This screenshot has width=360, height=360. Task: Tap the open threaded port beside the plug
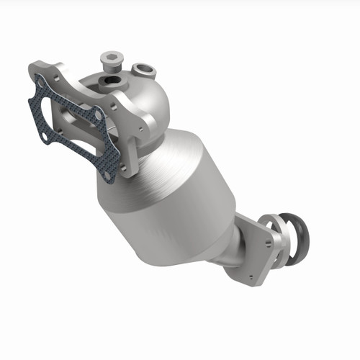pyautogui.click(x=112, y=81)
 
